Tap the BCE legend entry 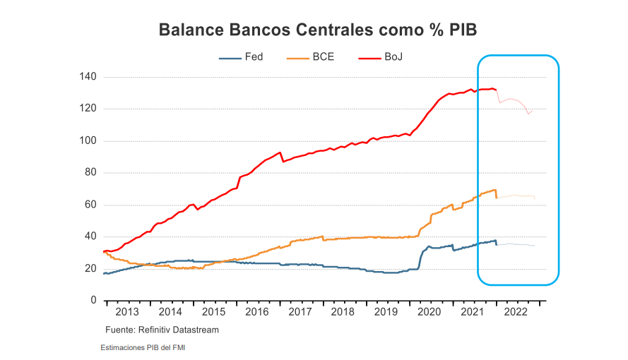point(322,56)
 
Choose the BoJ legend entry point(393,56)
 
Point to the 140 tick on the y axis point(88,77)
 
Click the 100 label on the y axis point(88,141)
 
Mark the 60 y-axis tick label point(91,205)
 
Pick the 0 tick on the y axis point(93,301)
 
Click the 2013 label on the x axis point(127,312)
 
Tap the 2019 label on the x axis point(386,312)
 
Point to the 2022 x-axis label point(516,312)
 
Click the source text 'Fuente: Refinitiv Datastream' point(162,330)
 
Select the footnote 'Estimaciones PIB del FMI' point(143,347)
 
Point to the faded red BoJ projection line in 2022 point(512,100)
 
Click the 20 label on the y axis point(91,269)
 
